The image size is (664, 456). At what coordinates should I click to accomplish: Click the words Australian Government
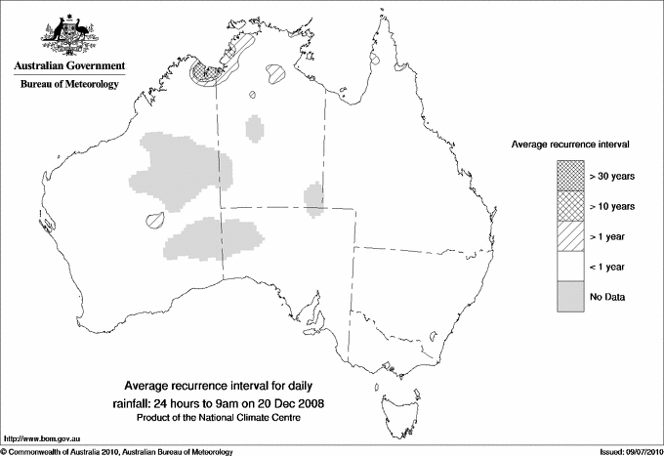68,66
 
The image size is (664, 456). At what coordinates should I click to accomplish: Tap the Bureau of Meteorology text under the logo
68,85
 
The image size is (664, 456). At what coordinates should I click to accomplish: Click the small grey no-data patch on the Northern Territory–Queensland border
314,196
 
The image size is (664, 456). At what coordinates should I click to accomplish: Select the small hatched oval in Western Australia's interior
152,221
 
